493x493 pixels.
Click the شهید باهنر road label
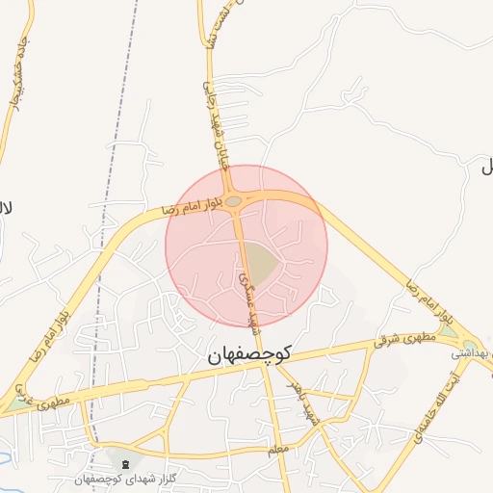(306, 402)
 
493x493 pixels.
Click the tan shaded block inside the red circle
(259, 259)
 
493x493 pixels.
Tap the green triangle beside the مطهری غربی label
(17, 405)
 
